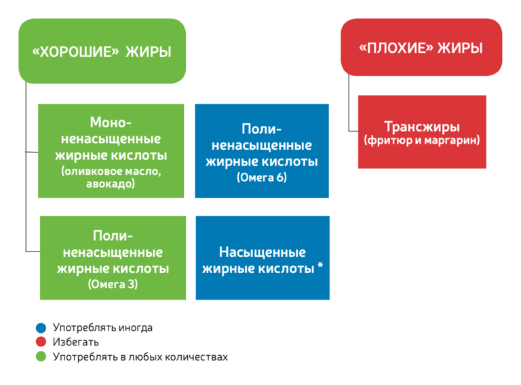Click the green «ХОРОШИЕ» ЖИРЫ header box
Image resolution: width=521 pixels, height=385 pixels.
click(x=102, y=51)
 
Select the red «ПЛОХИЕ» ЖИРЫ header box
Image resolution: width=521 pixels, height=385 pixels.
click(x=421, y=47)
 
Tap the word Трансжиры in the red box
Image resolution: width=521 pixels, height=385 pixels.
click(x=422, y=127)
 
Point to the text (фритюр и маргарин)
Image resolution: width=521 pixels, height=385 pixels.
click(x=422, y=140)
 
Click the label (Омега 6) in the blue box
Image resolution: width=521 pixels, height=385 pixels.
click(x=262, y=177)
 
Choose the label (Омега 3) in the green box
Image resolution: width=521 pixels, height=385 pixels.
click(x=113, y=284)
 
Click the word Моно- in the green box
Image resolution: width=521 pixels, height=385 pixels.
click(x=111, y=122)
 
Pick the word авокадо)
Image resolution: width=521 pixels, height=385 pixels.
click(x=111, y=184)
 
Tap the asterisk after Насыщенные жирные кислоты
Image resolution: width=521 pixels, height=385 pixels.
click(x=320, y=265)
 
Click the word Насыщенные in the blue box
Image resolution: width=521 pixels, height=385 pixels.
click(x=262, y=252)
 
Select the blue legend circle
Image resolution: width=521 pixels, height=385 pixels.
click(x=41, y=327)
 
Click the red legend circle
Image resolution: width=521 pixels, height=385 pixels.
click(x=41, y=342)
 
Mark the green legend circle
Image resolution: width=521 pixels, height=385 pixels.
click(x=41, y=357)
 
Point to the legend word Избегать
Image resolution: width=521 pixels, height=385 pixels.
click(x=76, y=342)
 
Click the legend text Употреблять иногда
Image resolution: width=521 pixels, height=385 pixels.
click(x=102, y=327)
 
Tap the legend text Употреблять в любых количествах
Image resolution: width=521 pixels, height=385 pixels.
click(x=140, y=357)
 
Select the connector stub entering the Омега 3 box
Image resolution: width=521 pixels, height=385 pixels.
click(x=33, y=251)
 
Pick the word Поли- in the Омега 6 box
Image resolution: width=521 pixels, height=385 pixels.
click(x=261, y=129)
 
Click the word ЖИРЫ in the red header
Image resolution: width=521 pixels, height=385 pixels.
click(x=460, y=48)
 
